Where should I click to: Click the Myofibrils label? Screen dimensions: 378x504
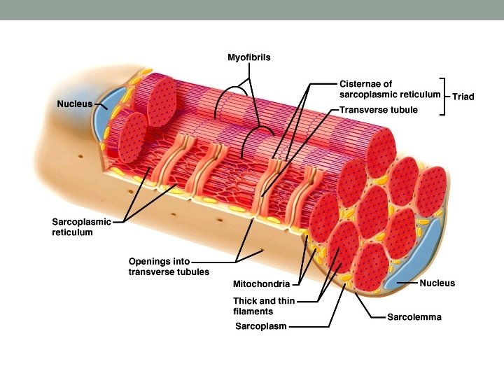248,57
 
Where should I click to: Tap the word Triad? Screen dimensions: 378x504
463,97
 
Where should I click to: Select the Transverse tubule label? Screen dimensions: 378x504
379,110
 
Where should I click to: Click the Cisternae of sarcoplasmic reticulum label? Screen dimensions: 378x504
390,89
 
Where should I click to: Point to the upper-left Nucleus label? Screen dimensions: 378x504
74,104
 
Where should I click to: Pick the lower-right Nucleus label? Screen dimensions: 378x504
437,283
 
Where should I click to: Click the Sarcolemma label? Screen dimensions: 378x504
414,317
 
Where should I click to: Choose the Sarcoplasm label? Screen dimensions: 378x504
260,326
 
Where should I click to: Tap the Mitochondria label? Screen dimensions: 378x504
262,285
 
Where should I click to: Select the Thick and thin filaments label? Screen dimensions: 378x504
264,306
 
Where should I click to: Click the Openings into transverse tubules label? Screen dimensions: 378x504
169,267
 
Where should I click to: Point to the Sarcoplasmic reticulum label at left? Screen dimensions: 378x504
81,227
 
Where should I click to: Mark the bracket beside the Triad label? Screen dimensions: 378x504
443,96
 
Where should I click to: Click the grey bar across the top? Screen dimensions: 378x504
252,10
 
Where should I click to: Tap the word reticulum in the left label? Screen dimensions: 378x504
72,232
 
